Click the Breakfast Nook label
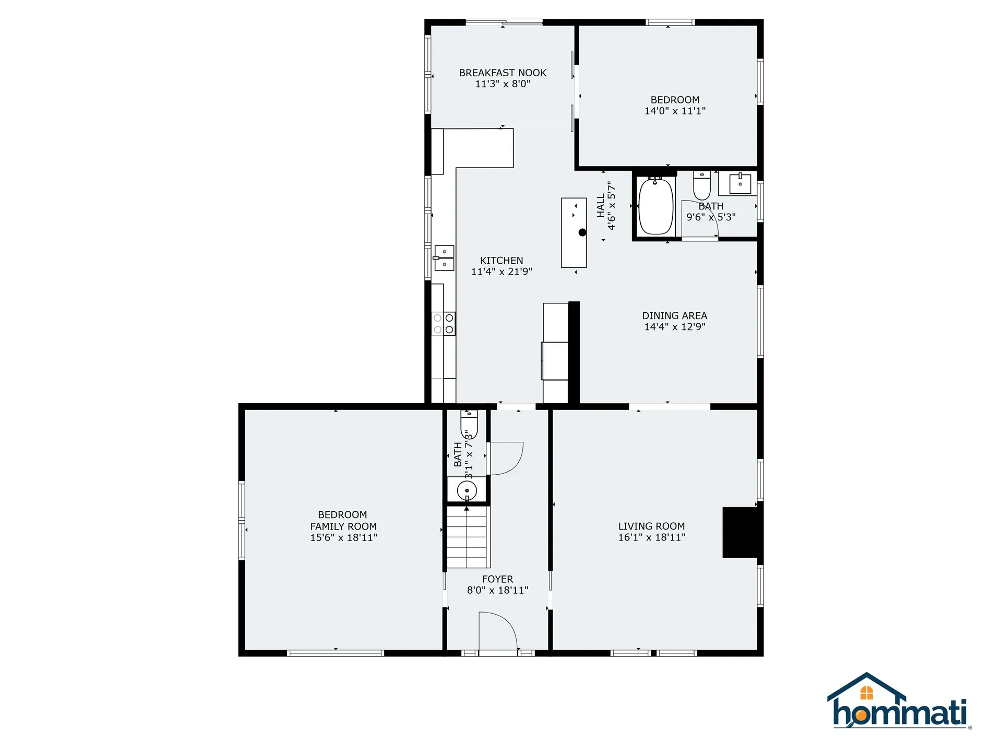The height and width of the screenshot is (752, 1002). tap(503, 73)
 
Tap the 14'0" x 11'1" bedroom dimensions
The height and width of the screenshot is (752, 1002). tap(675, 111)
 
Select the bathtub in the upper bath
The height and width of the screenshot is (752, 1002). tap(656, 207)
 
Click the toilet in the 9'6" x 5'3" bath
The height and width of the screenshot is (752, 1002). tap(702, 185)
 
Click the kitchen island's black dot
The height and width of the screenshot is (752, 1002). tap(582, 232)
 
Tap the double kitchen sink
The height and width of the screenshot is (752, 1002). tap(444, 258)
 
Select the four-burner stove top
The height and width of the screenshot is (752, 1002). tap(444, 324)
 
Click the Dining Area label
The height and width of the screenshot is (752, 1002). tap(674, 316)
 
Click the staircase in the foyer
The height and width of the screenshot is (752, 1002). tap(468, 538)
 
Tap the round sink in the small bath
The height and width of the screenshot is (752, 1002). tap(467, 490)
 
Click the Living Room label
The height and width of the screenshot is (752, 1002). tap(651, 526)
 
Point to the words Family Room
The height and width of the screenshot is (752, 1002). tap(343, 526)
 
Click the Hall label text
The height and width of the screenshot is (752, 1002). tap(601, 206)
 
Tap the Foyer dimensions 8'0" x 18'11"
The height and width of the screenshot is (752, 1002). tap(497, 590)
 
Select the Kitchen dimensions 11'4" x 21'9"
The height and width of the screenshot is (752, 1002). tap(502, 272)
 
